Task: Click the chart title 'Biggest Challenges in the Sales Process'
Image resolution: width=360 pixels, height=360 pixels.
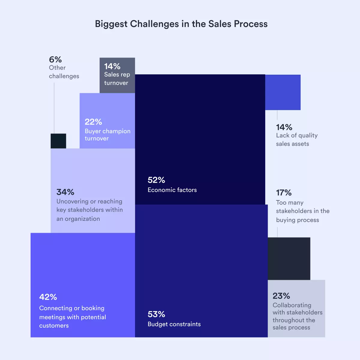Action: click(181, 24)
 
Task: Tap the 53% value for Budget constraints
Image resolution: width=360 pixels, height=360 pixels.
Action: click(156, 314)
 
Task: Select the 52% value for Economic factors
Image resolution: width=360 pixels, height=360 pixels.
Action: click(156, 180)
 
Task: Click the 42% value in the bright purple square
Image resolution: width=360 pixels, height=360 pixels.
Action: click(48, 297)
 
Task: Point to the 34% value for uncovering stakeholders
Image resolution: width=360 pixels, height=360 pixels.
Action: click(65, 192)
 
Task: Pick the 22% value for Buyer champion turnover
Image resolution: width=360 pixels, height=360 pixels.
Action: click(93, 122)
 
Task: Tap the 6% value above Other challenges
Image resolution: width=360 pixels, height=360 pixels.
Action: click(55, 59)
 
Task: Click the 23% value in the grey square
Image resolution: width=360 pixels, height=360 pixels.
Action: click(281, 296)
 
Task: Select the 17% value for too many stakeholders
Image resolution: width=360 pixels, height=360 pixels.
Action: click(284, 193)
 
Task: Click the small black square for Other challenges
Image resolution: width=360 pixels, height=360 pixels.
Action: click(58, 141)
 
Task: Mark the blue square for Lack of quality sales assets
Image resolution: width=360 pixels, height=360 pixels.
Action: click(283, 92)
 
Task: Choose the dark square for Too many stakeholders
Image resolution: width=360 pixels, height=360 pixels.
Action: click(289, 258)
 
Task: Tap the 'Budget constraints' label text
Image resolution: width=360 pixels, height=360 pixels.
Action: click(174, 324)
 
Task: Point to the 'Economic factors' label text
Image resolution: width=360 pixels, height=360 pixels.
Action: click(172, 190)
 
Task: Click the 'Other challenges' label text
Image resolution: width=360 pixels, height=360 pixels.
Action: click(64, 72)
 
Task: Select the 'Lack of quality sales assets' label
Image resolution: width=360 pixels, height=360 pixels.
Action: click(297, 139)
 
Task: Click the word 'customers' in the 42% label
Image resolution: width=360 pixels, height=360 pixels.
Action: click(54, 325)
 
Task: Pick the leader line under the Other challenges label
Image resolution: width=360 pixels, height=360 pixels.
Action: click(54, 108)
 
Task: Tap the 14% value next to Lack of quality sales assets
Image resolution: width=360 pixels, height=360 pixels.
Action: click(284, 127)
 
